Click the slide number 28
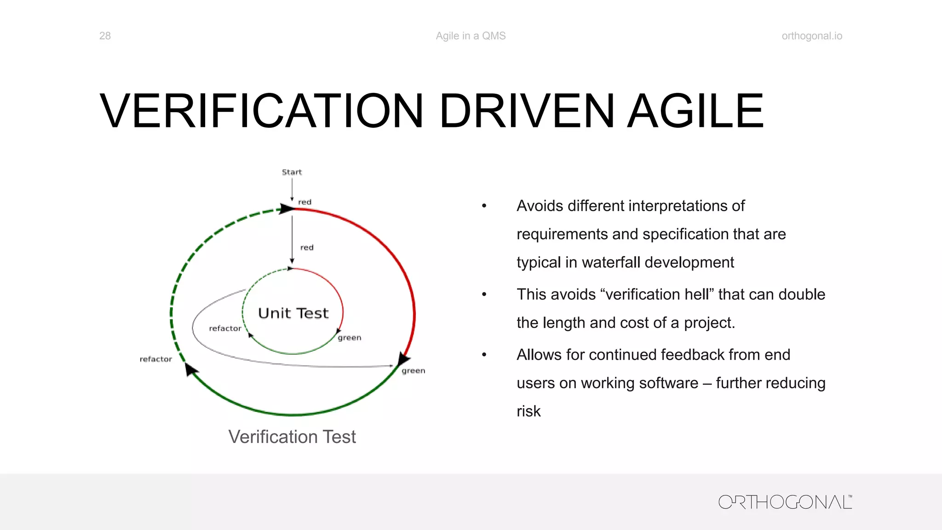(x=105, y=36)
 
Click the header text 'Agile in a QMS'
(x=471, y=36)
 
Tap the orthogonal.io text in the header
(x=812, y=36)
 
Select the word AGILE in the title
(x=695, y=111)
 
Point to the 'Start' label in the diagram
(x=292, y=172)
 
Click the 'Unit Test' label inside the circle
(x=293, y=313)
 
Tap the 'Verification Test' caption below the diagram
(x=292, y=437)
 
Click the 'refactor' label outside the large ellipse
(x=155, y=359)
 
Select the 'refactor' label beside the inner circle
(x=225, y=328)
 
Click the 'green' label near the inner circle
(x=350, y=338)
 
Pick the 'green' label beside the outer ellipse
(x=413, y=371)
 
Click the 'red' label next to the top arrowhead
(x=304, y=202)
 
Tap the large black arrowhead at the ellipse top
(x=287, y=209)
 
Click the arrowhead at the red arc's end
(x=403, y=358)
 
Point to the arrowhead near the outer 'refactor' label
(x=190, y=369)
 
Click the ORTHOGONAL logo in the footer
(x=785, y=502)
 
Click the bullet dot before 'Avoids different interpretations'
(x=484, y=206)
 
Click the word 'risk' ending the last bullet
(x=528, y=411)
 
